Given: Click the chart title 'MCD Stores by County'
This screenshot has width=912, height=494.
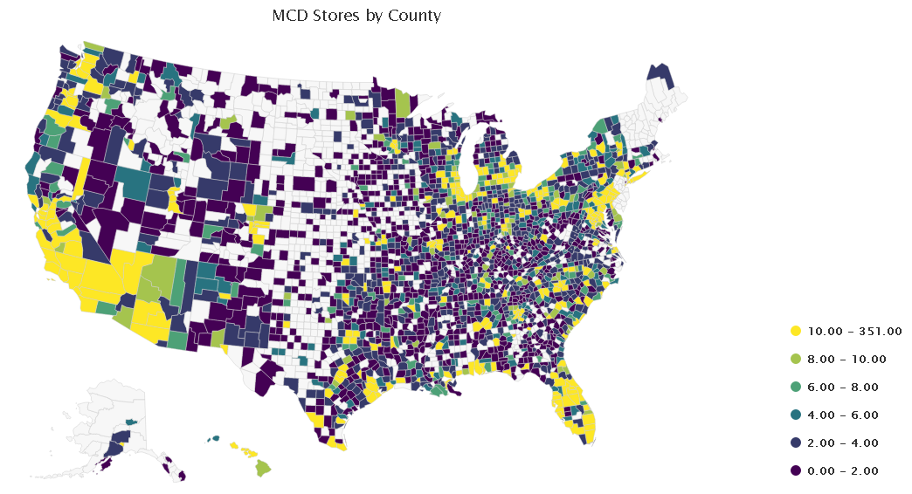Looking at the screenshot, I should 356,16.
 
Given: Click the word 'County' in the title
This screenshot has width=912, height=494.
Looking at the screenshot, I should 415,16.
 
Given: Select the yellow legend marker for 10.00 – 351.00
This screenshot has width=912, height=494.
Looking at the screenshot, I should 795,332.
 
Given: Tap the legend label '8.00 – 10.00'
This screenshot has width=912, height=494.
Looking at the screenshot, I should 846,360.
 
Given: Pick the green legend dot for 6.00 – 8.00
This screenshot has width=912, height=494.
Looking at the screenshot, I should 795,387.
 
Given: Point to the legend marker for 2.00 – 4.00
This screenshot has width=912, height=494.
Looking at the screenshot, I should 795,443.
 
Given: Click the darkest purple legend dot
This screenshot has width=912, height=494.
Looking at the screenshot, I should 795,470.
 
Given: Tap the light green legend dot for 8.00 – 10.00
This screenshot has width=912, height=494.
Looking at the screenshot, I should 795,360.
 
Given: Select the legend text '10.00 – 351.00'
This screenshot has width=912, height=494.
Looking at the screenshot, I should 854,332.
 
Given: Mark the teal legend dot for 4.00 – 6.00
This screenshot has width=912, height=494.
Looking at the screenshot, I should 795,415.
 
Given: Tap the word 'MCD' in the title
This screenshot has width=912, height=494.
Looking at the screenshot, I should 290,16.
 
